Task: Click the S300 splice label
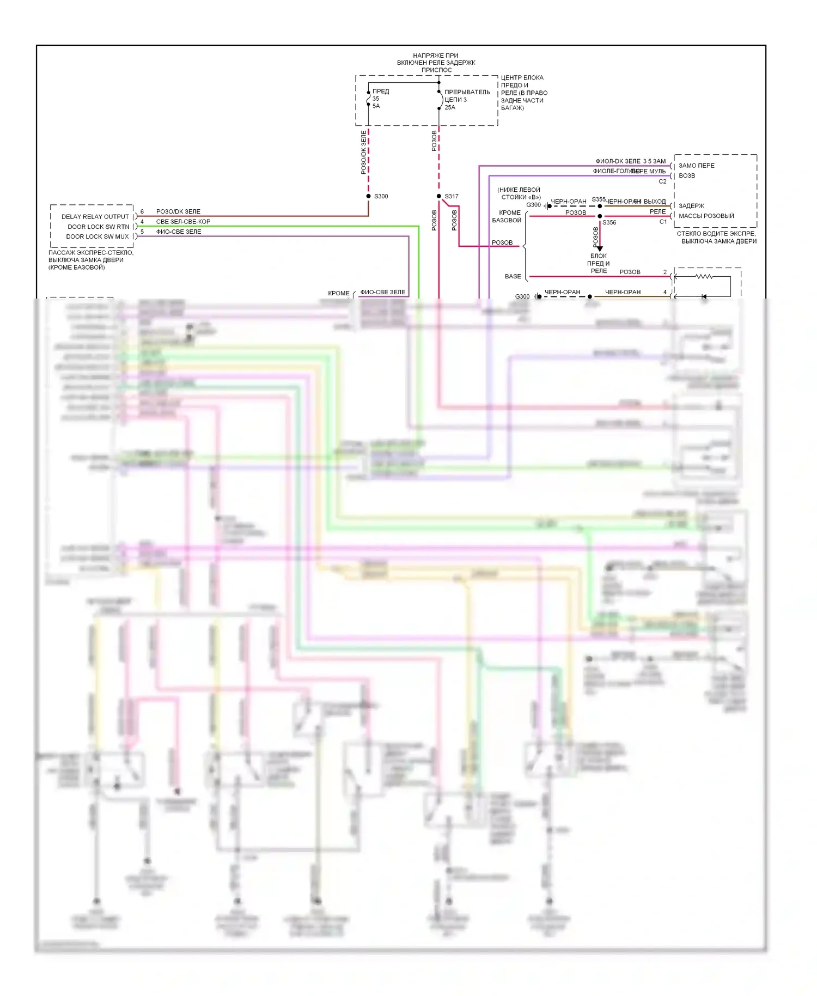click(381, 196)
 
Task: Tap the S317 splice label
click(452, 196)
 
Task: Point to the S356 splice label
click(609, 222)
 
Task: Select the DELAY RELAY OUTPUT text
click(95, 216)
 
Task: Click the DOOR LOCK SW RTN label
click(98, 227)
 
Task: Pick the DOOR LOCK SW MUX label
click(97, 236)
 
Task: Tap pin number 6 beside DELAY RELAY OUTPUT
click(142, 211)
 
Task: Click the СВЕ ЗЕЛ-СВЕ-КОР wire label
click(183, 222)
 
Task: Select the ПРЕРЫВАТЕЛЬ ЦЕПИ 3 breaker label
click(467, 96)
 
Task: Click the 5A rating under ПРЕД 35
click(376, 106)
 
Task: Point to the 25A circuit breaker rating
click(450, 107)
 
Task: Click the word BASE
click(513, 276)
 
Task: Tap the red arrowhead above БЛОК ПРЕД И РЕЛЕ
click(600, 248)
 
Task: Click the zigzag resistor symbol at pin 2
click(704, 277)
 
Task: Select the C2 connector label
click(662, 181)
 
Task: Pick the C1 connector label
click(663, 222)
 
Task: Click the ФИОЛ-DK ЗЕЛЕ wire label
click(618, 161)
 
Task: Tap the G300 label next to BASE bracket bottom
click(522, 296)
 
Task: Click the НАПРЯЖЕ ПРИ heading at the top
click(435, 56)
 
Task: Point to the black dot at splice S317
click(439, 196)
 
